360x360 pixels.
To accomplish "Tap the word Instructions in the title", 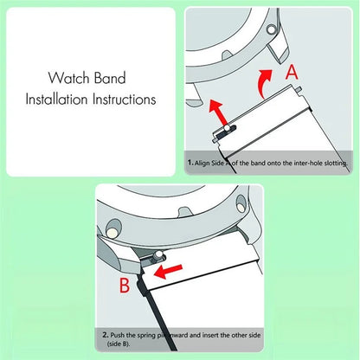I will [125, 99].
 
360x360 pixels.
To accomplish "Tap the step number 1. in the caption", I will [190, 163].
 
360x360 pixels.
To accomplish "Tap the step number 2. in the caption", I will [104, 334].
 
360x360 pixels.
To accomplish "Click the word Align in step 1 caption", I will [204, 163].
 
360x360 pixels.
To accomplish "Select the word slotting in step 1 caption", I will [331, 163].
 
